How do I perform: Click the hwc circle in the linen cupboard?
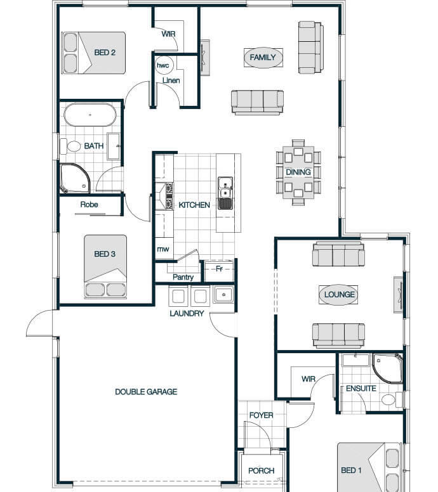point(163,65)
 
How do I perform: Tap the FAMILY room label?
point(263,58)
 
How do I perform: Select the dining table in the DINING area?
point(298,172)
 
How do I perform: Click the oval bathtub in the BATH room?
point(90,115)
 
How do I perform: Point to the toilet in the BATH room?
point(70,146)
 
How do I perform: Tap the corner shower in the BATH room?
point(75,178)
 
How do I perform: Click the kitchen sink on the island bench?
point(225,193)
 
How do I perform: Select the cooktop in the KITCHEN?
point(169,196)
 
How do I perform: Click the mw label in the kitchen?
point(163,249)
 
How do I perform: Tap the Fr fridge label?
point(219,269)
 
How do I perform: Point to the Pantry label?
point(183,277)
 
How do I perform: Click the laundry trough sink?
point(223,295)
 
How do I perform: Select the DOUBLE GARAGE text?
point(146,392)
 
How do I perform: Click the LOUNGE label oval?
point(338,295)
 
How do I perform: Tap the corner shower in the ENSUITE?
point(387,368)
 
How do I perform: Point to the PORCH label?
point(261,470)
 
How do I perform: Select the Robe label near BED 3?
point(89,205)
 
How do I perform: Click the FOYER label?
point(261,415)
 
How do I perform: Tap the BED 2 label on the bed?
point(105,53)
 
